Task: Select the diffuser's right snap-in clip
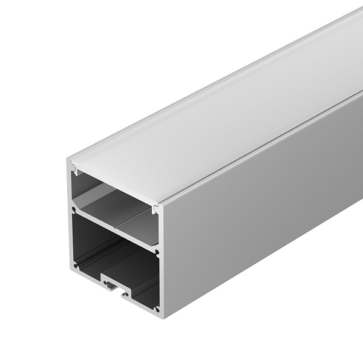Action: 156,209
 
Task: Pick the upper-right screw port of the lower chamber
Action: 157,252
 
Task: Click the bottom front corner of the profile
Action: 160,316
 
